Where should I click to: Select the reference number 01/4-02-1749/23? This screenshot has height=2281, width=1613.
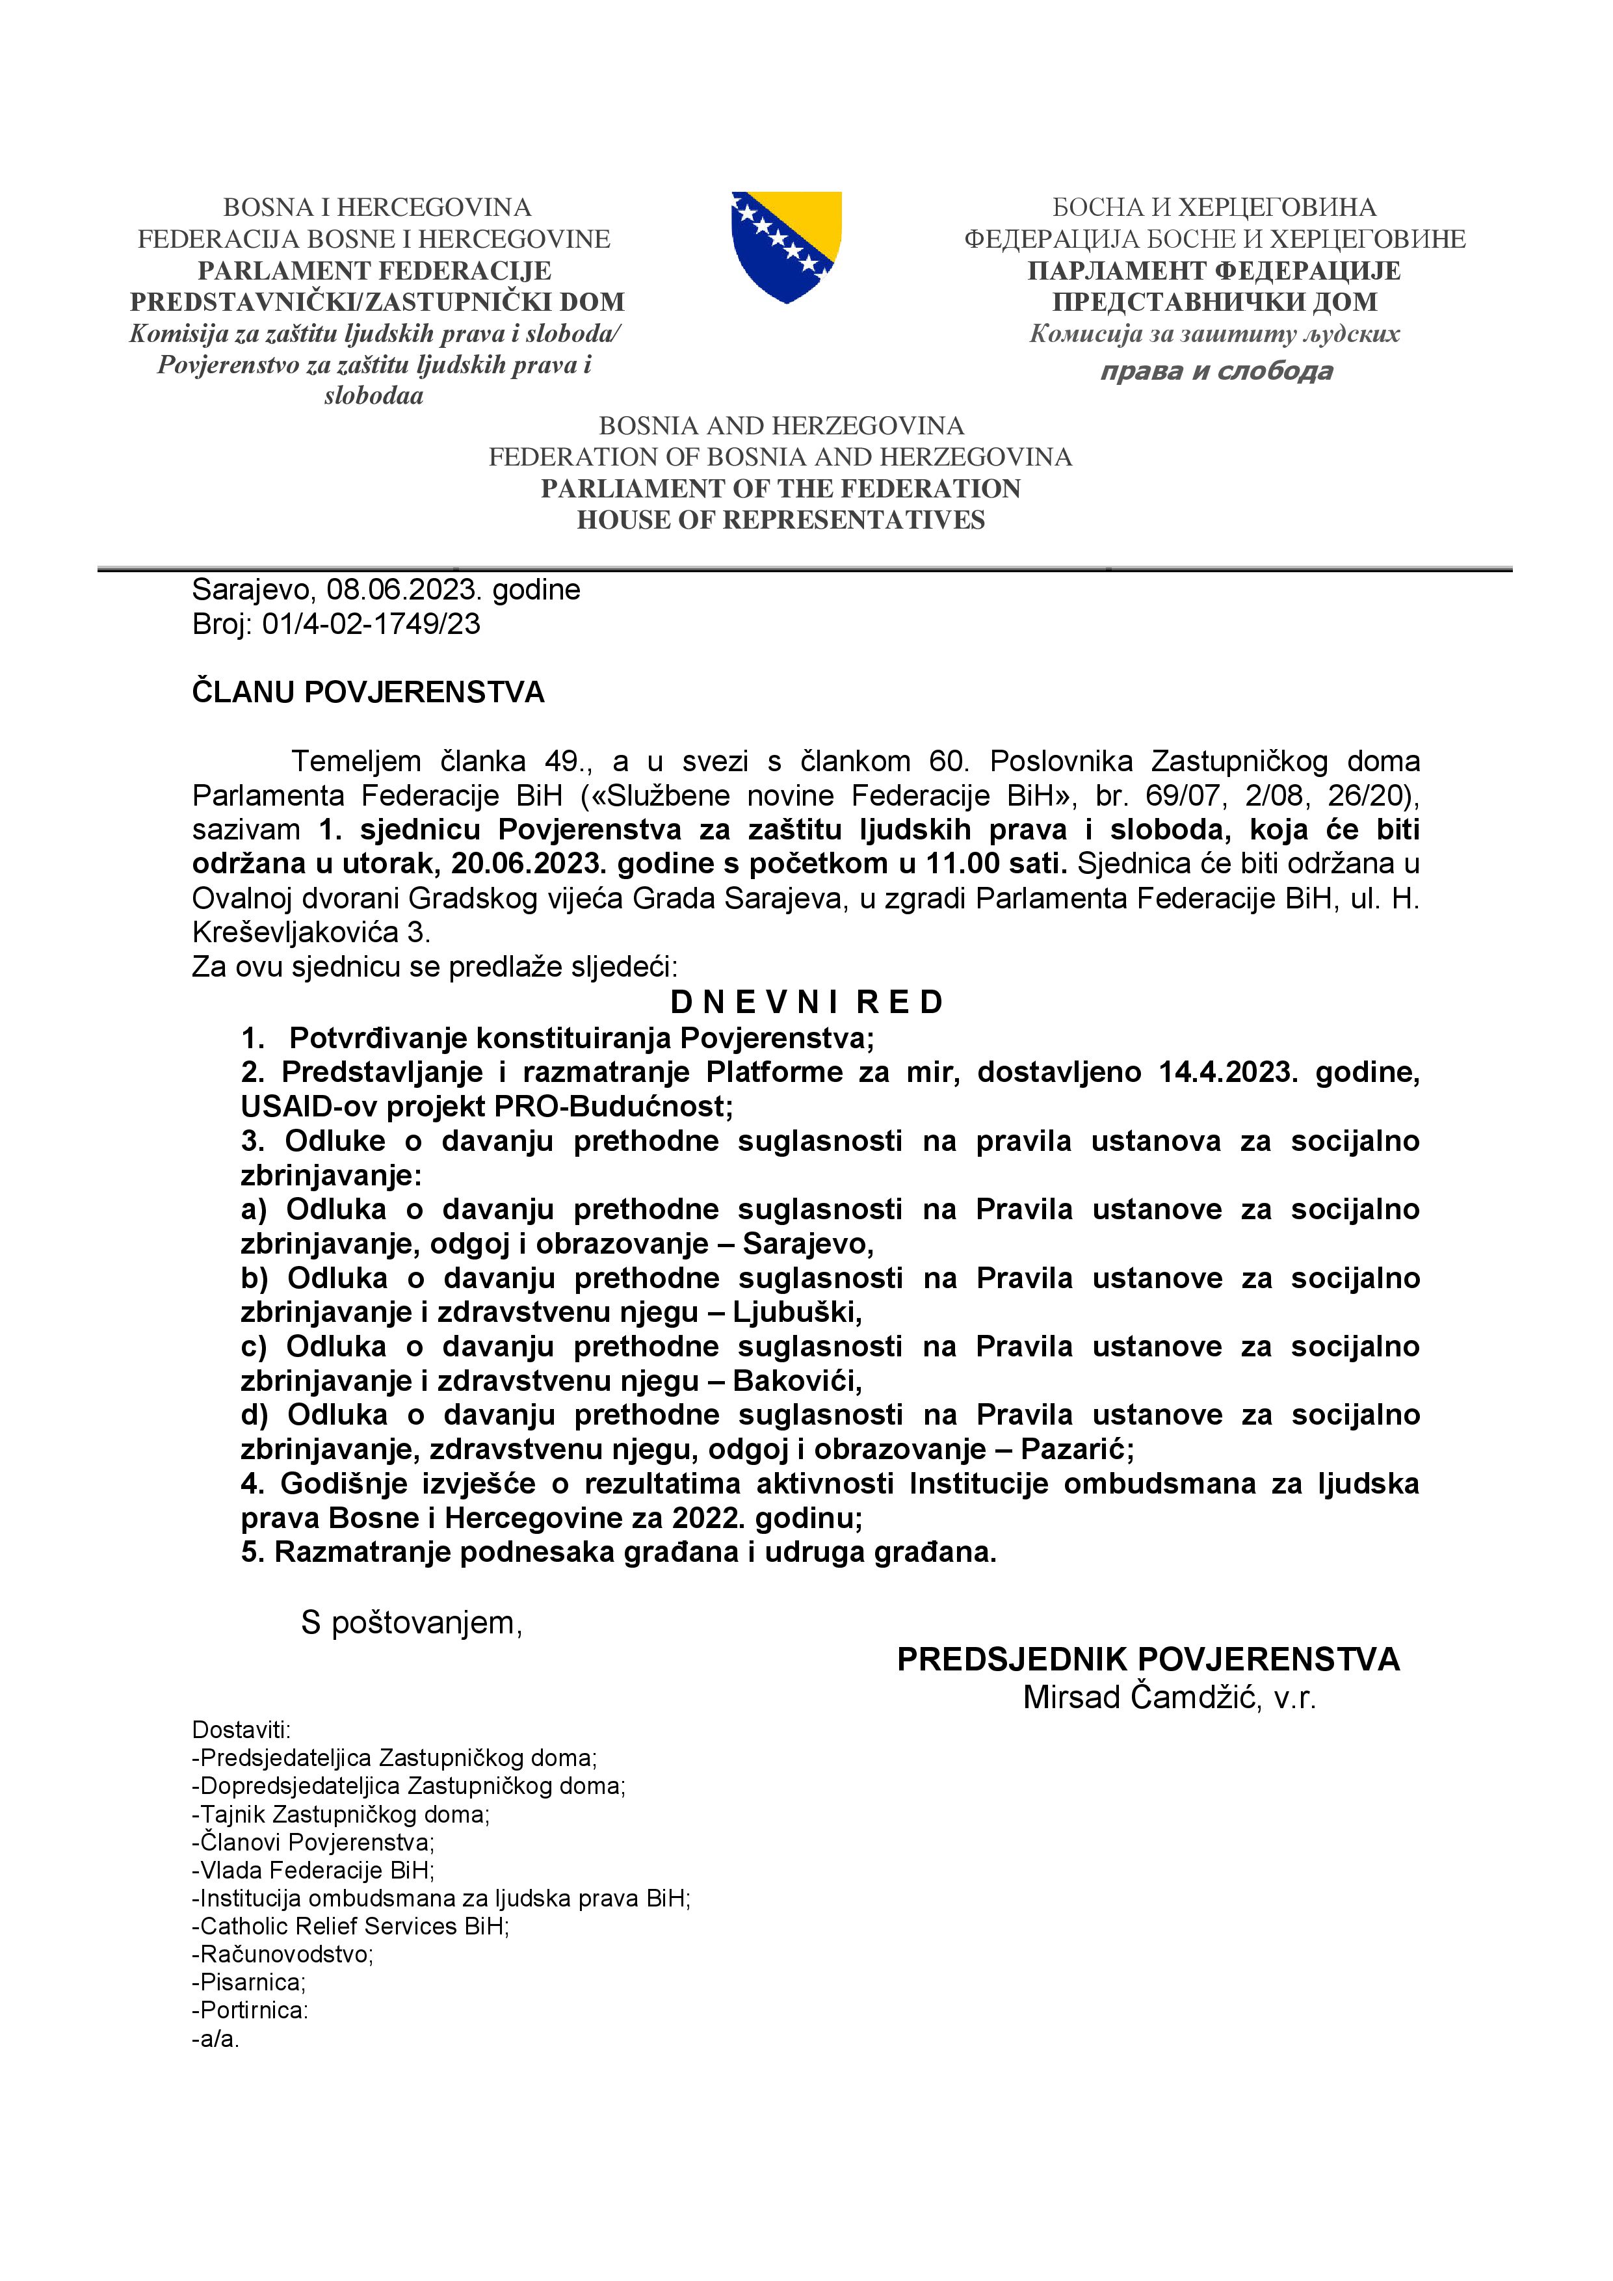(x=371, y=624)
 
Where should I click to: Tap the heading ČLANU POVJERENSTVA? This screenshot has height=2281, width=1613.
(x=367, y=692)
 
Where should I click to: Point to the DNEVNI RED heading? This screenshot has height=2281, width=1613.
(x=806, y=1003)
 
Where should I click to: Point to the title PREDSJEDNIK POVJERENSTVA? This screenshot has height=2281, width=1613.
(x=1148, y=1660)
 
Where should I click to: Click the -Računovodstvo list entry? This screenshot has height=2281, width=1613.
(x=282, y=1954)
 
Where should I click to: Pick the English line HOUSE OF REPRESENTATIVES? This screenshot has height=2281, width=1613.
(x=781, y=521)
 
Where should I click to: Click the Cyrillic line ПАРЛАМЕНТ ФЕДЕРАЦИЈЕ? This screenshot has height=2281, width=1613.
(x=1214, y=271)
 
